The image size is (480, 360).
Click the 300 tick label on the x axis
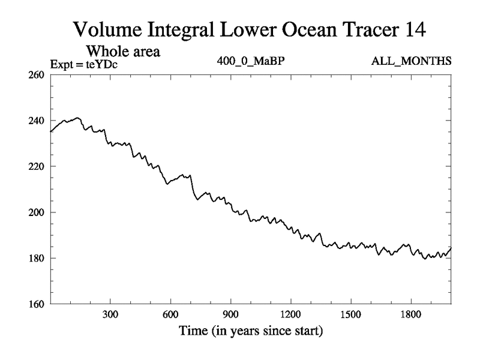[110, 314]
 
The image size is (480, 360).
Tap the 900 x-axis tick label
[230, 314]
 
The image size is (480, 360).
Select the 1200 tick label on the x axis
[290, 314]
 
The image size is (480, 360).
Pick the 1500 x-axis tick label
[350, 314]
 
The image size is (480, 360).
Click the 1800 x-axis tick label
[410, 314]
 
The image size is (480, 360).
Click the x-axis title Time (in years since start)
[250, 331]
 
